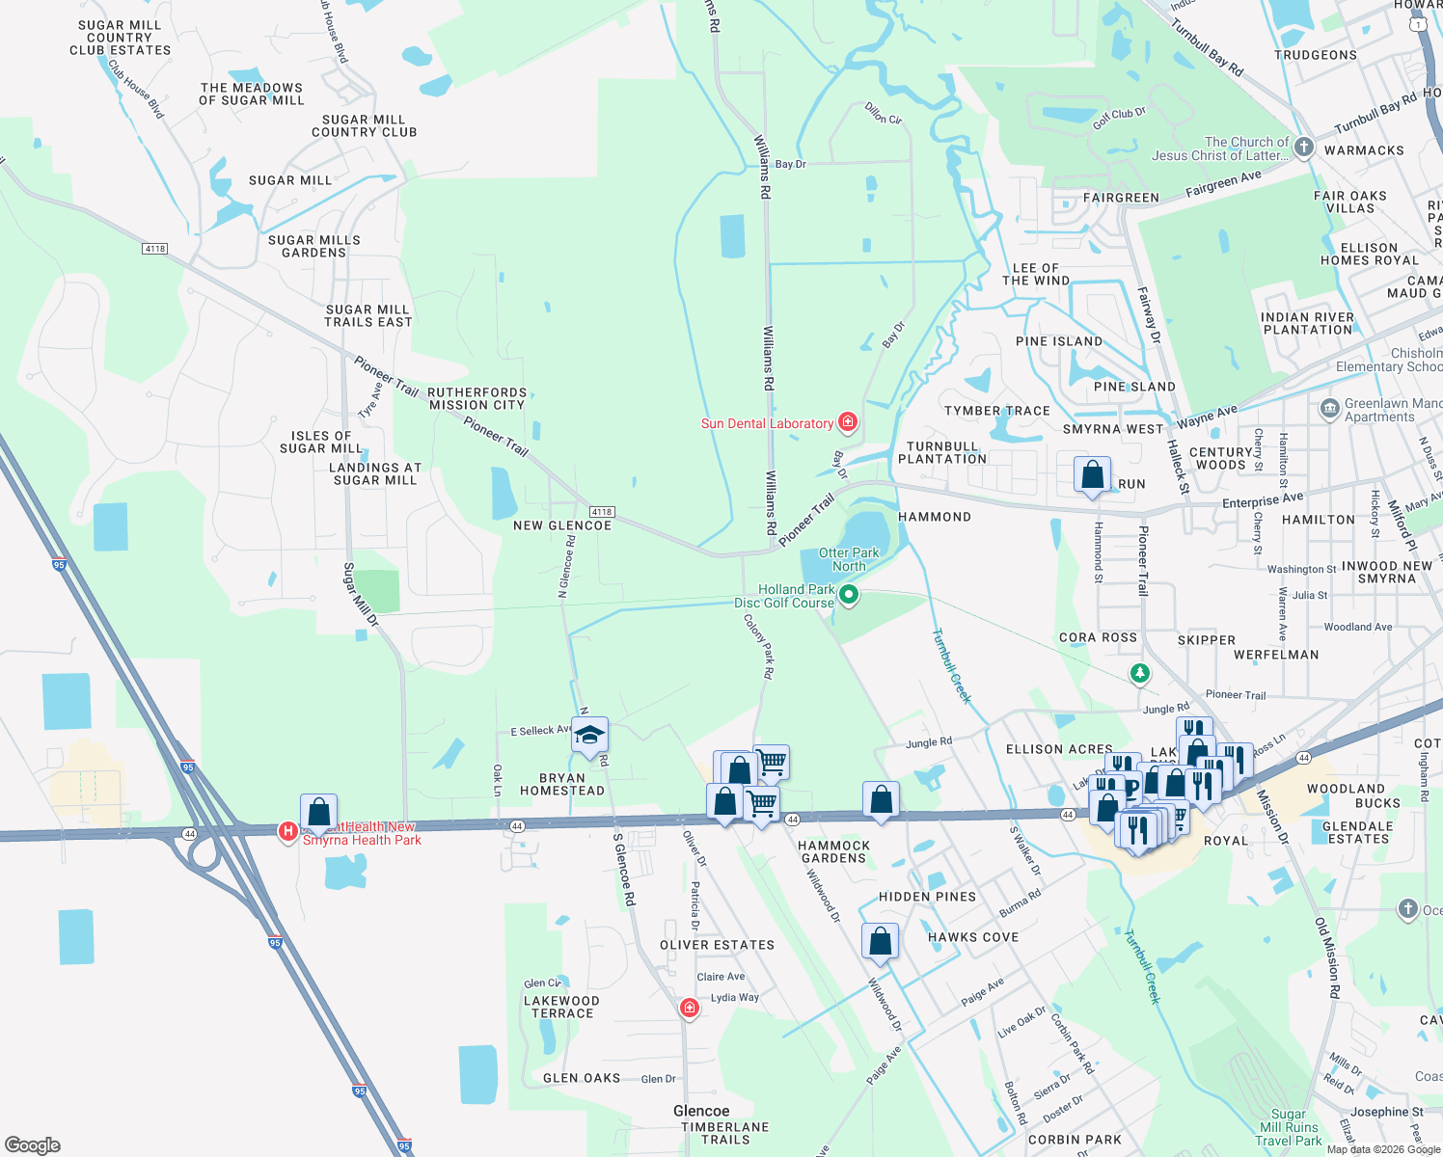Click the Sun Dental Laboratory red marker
(x=848, y=422)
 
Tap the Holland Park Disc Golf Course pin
(x=849, y=596)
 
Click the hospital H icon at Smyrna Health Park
(x=287, y=831)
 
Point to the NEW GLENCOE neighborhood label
(x=562, y=525)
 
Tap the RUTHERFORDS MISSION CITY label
(x=477, y=399)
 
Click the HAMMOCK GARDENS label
(x=834, y=851)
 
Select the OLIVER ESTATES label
(x=717, y=945)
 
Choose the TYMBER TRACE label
(x=997, y=411)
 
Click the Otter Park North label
(x=849, y=559)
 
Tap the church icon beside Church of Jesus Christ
(x=1304, y=148)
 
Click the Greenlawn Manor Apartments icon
(x=1330, y=409)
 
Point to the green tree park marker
(x=1140, y=673)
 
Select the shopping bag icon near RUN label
(x=1092, y=474)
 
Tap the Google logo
(x=33, y=1145)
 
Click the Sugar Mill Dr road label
(x=362, y=595)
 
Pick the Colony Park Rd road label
(x=759, y=647)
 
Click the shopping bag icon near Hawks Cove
(x=880, y=941)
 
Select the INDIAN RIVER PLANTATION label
(x=1307, y=323)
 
